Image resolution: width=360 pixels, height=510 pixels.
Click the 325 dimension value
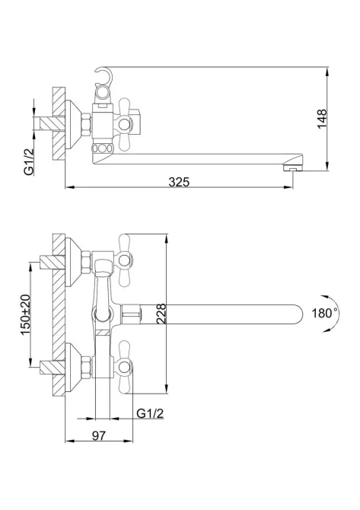179,182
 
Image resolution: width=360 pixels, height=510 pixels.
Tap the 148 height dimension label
322,119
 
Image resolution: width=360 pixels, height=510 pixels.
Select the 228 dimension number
161,314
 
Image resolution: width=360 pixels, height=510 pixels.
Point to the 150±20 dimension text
25,314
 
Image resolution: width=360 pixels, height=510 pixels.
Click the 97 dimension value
98,435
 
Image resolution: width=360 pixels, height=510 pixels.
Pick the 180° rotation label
324,313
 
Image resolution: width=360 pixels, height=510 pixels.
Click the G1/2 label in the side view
29,161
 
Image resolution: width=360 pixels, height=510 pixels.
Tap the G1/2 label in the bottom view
150,413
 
